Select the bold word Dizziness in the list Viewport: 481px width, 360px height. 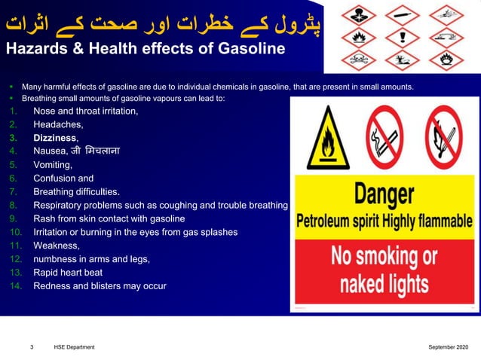(54, 138)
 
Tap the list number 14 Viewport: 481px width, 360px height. (15, 286)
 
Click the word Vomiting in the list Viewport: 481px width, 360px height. (52, 165)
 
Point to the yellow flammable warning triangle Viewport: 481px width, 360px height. (327, 135)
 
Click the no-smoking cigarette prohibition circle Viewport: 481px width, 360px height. (385, 136)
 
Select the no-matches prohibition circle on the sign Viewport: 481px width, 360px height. (444, 136)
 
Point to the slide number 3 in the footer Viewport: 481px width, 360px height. (32, 347)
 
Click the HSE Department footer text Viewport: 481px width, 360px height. (74, 347)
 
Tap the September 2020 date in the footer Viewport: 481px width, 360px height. (448, 347)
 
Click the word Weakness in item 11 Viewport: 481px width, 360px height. (56, 246)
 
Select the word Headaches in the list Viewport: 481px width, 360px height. (57, 124)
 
